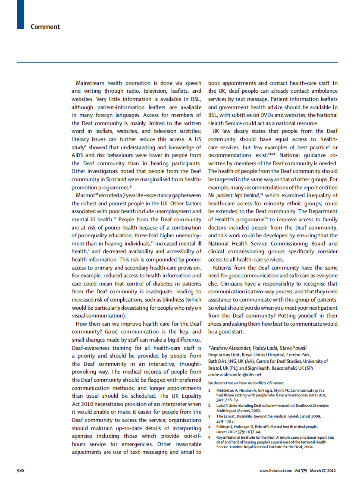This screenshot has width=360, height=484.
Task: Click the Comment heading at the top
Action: point(45,27)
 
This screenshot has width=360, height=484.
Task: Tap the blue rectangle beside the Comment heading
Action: point(20,15)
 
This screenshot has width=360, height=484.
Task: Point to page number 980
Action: point(20,471)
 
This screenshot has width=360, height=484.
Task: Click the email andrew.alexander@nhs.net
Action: point(235,374)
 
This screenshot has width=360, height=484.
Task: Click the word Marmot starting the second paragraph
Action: point(85,195)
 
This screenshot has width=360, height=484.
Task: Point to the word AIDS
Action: point(78,155)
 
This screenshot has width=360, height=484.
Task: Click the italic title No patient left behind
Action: point(233,195)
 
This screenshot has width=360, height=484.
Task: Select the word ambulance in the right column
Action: point(323,91)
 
